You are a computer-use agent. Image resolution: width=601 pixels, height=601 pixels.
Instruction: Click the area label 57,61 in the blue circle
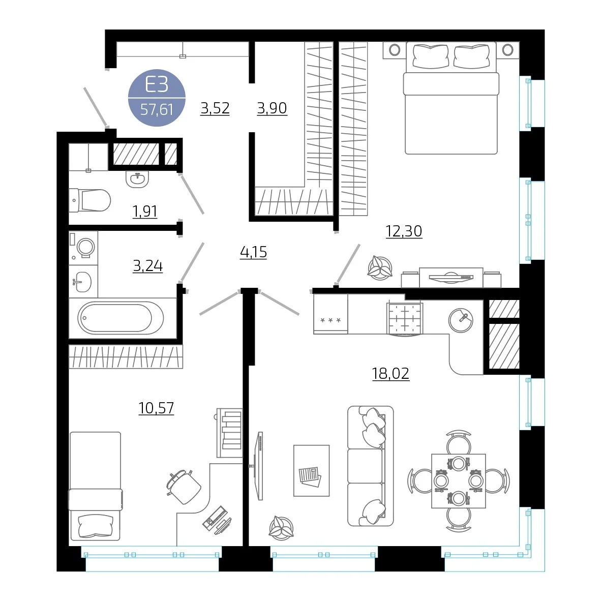tap(157, 110)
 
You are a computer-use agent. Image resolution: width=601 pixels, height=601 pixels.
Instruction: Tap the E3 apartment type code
tap(157, 84)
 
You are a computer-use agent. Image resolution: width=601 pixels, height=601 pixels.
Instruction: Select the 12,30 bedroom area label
tap(404, 231)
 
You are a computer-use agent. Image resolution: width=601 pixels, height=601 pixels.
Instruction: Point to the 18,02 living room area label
tap(390, 373)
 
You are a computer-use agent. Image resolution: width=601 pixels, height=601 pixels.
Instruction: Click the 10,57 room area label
tap(156, 408)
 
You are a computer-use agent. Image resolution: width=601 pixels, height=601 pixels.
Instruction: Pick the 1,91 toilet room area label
tap(145, 211)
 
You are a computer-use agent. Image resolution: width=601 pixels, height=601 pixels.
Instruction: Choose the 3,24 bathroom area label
tap(148, 265)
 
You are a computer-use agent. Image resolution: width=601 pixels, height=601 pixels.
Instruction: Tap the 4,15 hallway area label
tap(253, 252)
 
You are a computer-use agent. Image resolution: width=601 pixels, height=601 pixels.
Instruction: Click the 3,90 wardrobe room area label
tap(272, 108)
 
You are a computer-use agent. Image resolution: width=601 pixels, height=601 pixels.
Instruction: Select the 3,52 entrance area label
tap(215, 108)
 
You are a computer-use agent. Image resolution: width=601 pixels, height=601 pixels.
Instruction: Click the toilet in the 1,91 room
tap(89, 200)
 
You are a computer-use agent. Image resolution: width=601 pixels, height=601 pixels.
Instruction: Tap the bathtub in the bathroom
tap(121, 318)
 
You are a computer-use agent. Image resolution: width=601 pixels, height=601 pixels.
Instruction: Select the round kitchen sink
tap(461, 320)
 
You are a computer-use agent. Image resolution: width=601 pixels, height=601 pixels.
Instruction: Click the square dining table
tap(459, 481)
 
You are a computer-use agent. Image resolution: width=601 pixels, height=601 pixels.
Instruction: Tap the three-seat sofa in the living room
tap(370, 466)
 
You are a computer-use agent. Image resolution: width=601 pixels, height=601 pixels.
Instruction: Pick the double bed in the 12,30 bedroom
tap(451, 98)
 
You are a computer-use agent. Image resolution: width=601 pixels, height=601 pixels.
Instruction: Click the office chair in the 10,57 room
tap(183, 487)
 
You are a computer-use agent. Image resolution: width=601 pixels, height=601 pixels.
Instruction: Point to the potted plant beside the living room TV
tap(281, 528)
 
